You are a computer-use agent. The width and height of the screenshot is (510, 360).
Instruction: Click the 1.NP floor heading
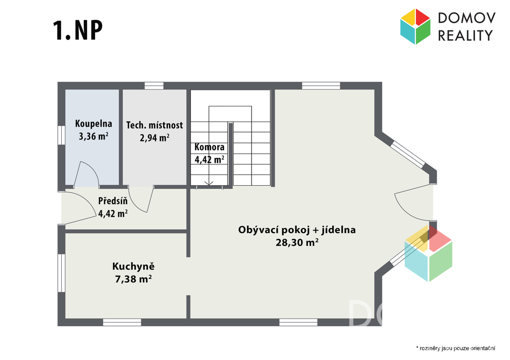[x=77, y=30]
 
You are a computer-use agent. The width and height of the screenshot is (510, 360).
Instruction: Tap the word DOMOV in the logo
[x=467, y=18]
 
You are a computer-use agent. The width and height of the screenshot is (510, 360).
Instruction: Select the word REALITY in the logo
[x=465, y=35]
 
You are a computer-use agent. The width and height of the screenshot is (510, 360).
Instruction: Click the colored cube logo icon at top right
[x=415, y=26]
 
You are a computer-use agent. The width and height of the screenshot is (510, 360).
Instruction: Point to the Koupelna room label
[x=94, y=123]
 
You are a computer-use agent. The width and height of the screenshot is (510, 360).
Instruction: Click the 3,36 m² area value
[x=94, y=136]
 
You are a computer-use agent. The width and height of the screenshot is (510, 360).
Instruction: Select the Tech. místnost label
[x=154, y=125]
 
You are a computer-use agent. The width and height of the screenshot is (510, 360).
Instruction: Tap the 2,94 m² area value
[x=154, y=138]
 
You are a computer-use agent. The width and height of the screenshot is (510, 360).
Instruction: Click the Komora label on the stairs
[x=210, y=147]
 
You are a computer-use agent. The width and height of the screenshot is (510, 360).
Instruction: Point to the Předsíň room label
[x=113, y=201]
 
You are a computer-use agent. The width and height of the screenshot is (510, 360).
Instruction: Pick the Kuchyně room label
[x=133, y=266]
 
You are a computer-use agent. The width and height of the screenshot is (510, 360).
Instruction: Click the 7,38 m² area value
[x=133, y=279]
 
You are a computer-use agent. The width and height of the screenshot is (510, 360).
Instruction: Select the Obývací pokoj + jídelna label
[x=297, y=230]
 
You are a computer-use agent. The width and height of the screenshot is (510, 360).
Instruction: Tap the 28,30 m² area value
[x=297, y=242]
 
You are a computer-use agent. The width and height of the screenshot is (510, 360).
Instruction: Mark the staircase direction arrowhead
[x=209, y=183]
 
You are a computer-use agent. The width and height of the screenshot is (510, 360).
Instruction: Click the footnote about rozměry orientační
[x=456, y=348]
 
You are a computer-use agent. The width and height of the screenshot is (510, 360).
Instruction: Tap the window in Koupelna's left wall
[x=61, y=135]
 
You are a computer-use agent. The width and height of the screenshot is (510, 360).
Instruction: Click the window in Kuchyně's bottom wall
[x=122, y=322]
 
